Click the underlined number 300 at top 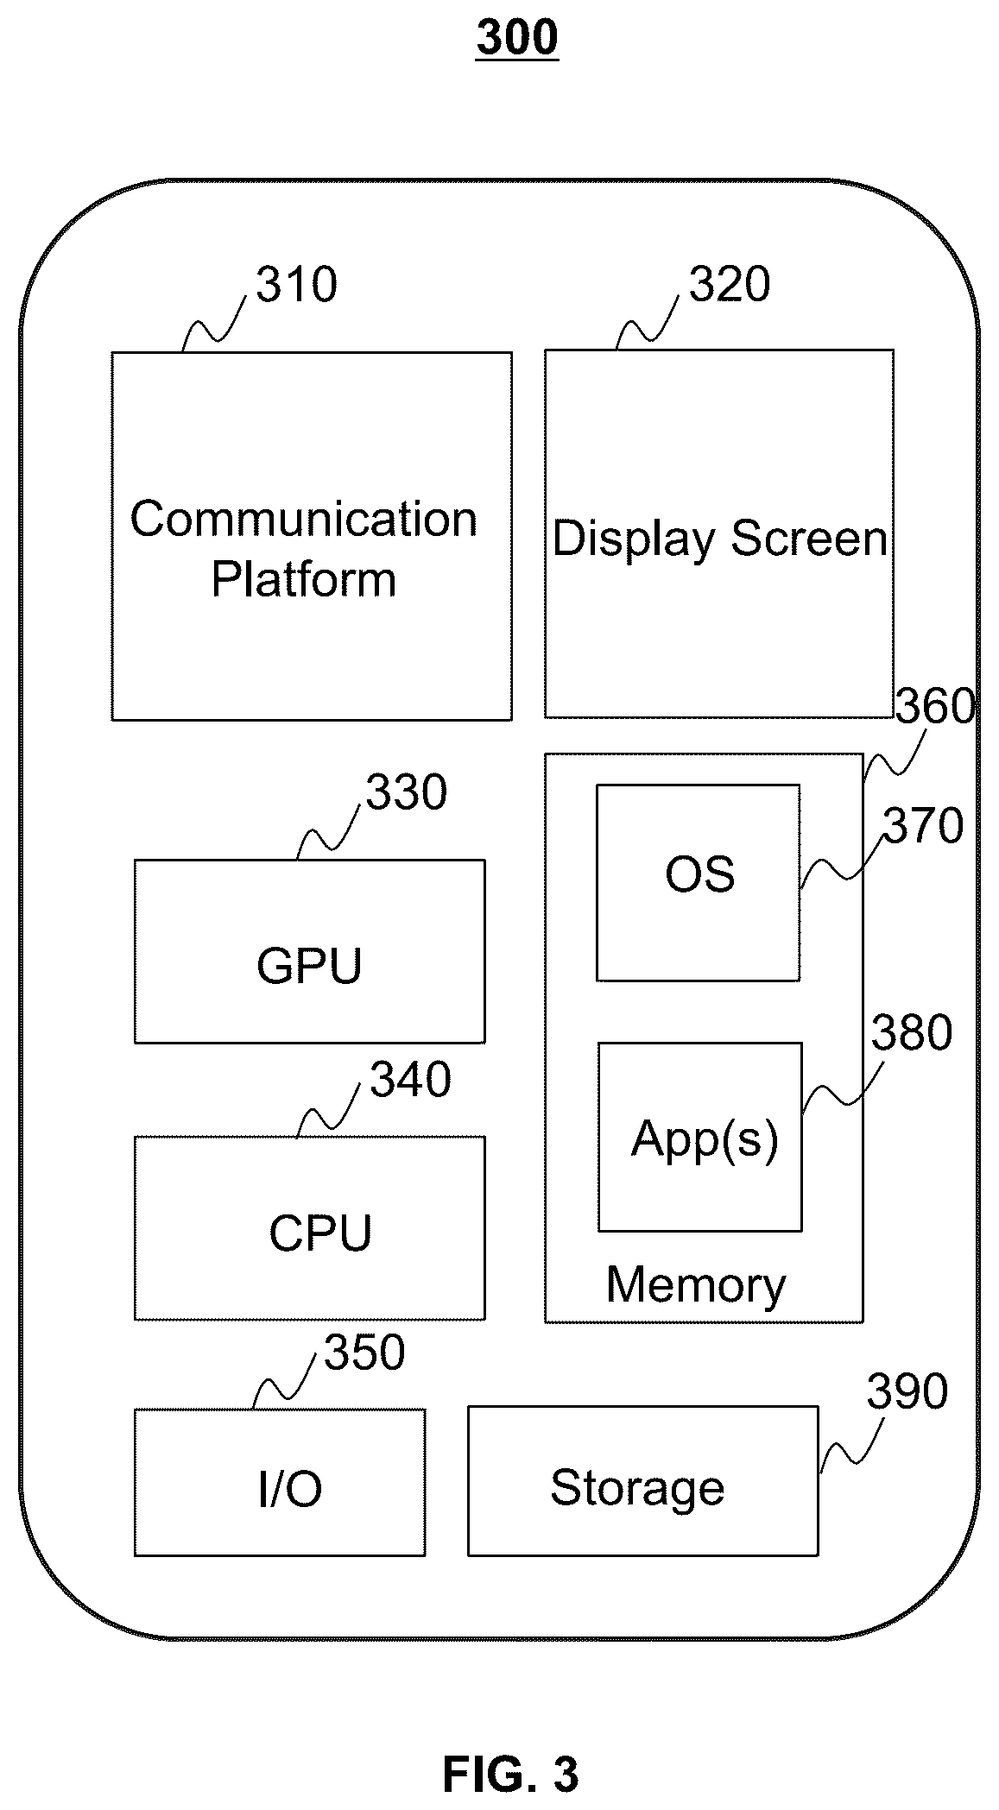point(517,38)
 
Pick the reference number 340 point(410,1079)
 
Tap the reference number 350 point(364,1352)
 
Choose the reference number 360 point(935,706)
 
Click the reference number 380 point(912,1032)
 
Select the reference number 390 point(907,1391)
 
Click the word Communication point(304,520)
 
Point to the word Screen point(809,539)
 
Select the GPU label point(309,965)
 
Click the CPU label point(320,1233)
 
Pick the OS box point(698,882)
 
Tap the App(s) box point(700,1137)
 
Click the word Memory point(696,1285)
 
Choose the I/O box point(280,1482)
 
